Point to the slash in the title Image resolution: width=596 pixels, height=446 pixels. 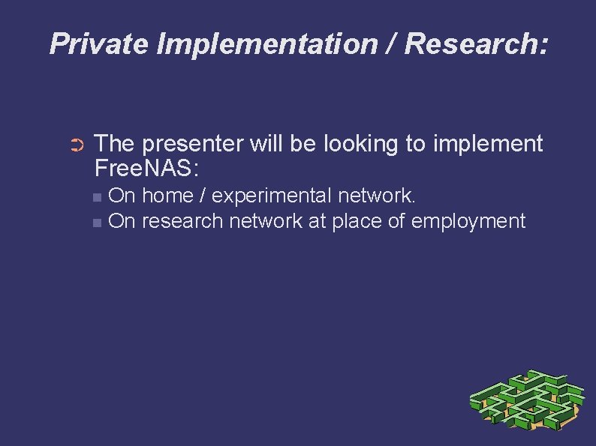[x=392, y=44]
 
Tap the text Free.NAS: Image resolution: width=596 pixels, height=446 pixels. [x=147, y=168]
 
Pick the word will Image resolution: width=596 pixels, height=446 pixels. [x=268, y=143]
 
